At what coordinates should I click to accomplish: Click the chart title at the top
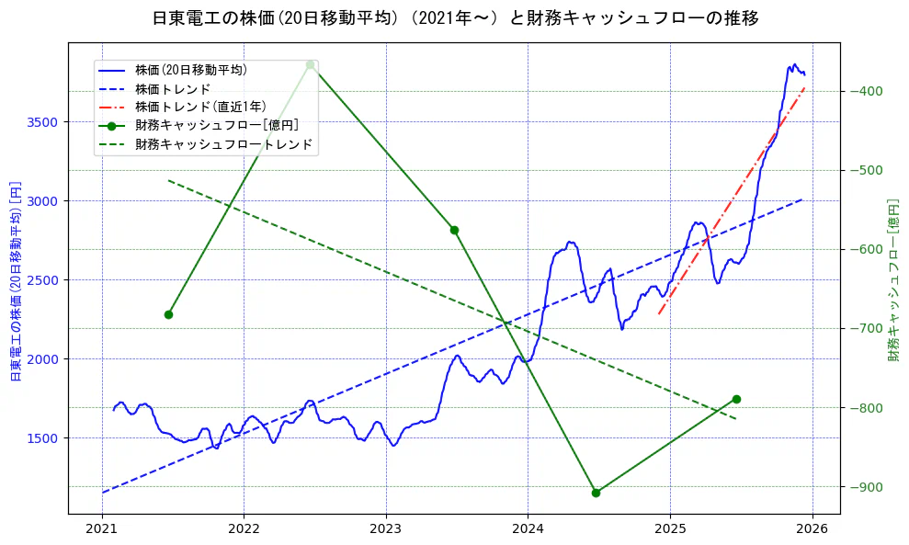point(455,17)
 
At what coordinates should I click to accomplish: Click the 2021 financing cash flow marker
point(168,314)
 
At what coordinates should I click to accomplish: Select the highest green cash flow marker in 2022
point(311,64)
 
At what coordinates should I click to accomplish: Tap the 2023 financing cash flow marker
point(454,230)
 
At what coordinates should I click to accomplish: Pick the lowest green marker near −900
point(596,493)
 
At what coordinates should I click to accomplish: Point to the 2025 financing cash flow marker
point(736,399)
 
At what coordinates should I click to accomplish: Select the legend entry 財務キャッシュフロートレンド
point(223,144)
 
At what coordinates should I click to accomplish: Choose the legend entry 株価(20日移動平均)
point(190,69)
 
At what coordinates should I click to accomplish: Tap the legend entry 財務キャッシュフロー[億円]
point(216,125)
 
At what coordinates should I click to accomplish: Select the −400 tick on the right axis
point(867,91)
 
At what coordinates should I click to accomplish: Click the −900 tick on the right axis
point(867,487)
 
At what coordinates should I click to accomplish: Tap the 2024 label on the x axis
point(528,530)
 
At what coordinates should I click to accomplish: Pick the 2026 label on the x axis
point(812,530)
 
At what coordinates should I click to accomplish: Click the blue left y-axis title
point(15,280)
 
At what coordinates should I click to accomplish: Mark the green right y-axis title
point(893,280)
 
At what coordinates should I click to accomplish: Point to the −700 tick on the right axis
point(867,329)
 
